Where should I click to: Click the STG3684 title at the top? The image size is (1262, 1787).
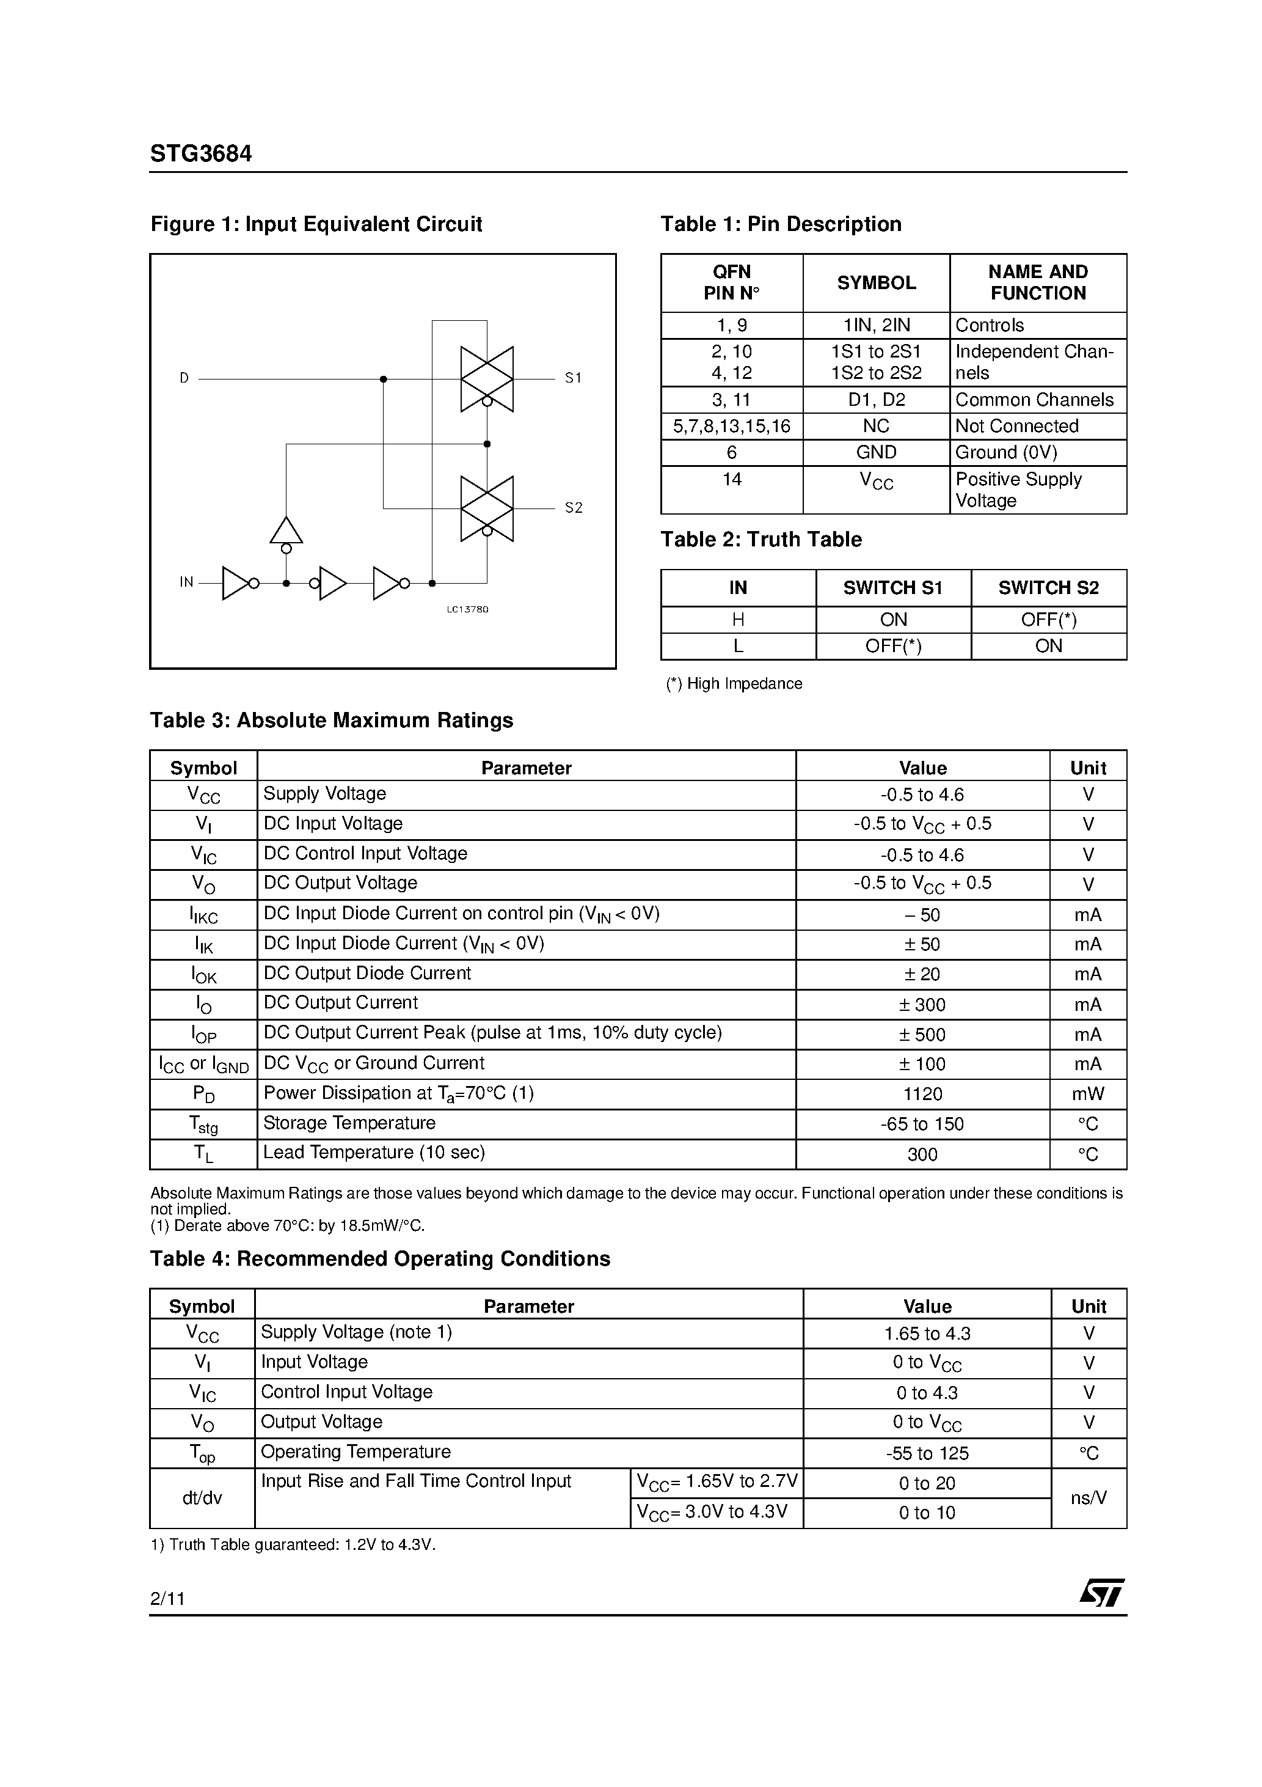tap(201, 154)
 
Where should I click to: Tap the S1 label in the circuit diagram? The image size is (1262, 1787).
tap(574, 378)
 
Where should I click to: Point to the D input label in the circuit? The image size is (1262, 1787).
tap(184, 378)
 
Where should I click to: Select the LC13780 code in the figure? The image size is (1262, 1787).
tap(468, 609)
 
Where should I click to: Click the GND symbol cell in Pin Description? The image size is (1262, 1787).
tap(876, 452)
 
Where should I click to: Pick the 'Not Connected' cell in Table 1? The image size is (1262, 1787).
tap(1016, 426)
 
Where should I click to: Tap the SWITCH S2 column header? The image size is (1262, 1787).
tap(1048, 589)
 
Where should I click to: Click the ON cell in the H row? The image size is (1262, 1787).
tap(893, 620)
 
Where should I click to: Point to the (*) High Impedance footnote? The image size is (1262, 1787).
tap(734, 683)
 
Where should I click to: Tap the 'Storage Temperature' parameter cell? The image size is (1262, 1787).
tap(349, 1123)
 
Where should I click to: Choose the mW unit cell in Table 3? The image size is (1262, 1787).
tap(1088, 1095)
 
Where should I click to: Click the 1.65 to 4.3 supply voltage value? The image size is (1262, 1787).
tap(927, 1334)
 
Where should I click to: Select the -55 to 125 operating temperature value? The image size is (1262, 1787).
tap(927, 1453)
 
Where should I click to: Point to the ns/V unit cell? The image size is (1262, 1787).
tap(1088, 1499)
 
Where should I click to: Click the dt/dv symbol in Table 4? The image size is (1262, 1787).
tap(202, 1499)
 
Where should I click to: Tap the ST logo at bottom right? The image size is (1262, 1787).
tap(1101, 1593)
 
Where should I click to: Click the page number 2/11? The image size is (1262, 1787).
tap(167, 1599)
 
